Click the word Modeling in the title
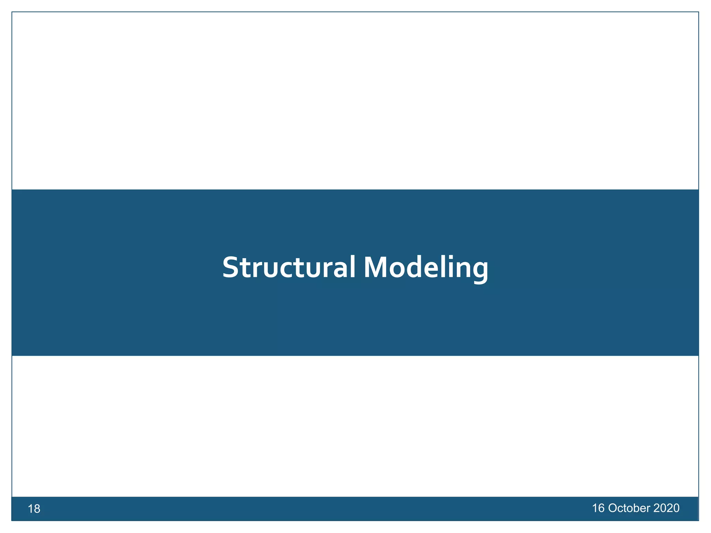[x=426, y=268]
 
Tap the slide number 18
[x=34, y=509]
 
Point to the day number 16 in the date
[x=598, y=508]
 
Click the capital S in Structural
[x=231, y=268]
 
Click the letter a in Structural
[x=340, y=270]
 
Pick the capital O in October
[x=613, y=508]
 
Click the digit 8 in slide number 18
[x=37, y=509]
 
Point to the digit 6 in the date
[x=601, y=508]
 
